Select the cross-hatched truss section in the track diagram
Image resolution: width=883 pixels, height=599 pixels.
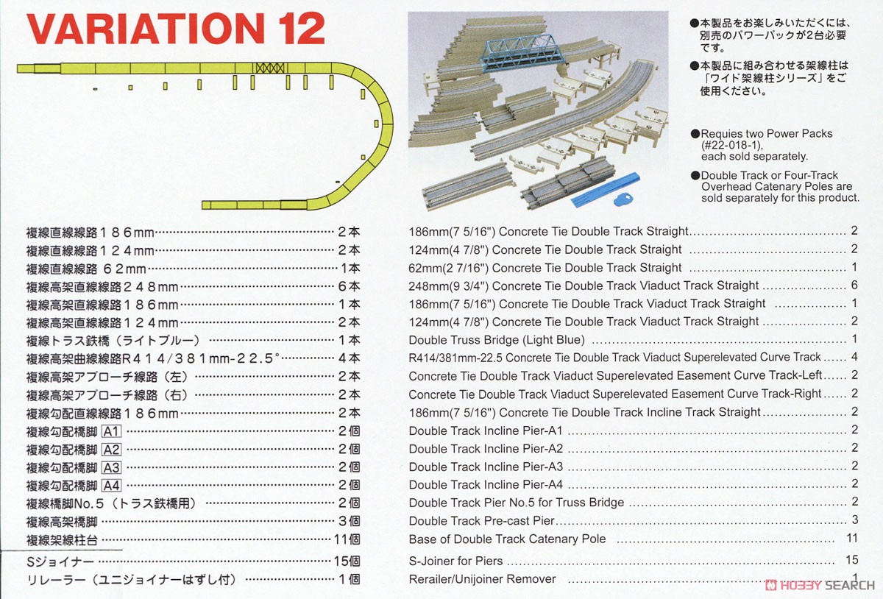(x=269, y=67)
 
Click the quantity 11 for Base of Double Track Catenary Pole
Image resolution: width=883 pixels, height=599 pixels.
(x=853, y=539)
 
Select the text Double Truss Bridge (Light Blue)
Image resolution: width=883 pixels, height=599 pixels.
(x=497, y=340)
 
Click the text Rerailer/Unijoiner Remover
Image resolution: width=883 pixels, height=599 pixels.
(x=482, y=579)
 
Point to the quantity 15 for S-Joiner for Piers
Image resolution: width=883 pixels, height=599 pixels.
(x=853, y=561)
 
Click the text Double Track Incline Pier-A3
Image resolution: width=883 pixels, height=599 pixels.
(x=486, y=467)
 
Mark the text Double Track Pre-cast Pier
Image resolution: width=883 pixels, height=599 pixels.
(x=481, y=521)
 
